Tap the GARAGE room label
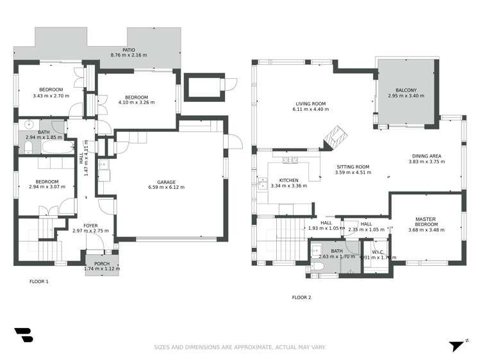tap(166, 181)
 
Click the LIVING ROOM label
tap(311, 104)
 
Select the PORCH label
tap(102, 264)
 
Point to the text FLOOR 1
tap(39, 281)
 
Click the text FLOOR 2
tap(301, 297)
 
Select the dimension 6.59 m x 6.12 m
tap(166, 187)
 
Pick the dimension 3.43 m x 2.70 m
tap(51, 96)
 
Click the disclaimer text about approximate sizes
tap(240, 347)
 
